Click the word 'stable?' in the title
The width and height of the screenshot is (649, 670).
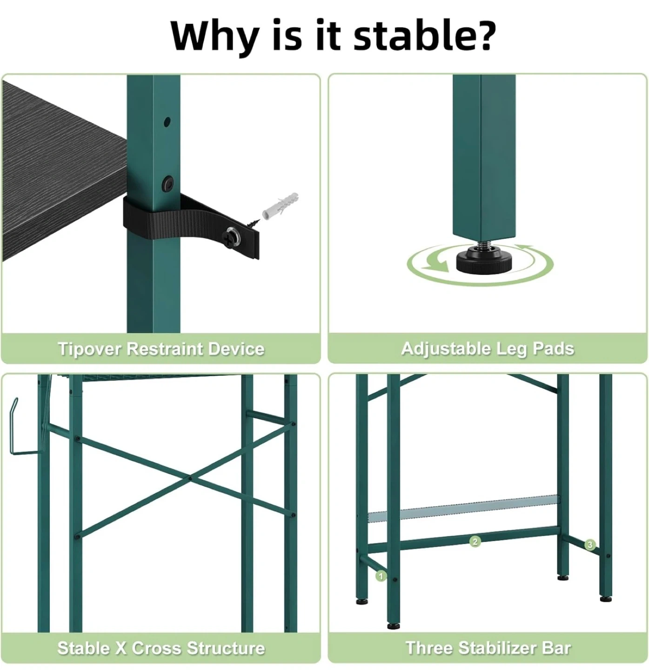[424, 35]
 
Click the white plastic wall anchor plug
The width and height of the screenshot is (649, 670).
[280, 206]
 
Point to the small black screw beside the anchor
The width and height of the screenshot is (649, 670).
[254, 222]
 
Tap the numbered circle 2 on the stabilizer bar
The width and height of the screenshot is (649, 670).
[475, 542]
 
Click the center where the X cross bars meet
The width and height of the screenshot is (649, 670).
[190, 477]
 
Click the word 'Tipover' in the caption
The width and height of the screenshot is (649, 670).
[89, 349]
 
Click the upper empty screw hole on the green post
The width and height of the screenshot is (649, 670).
[167, 122]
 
